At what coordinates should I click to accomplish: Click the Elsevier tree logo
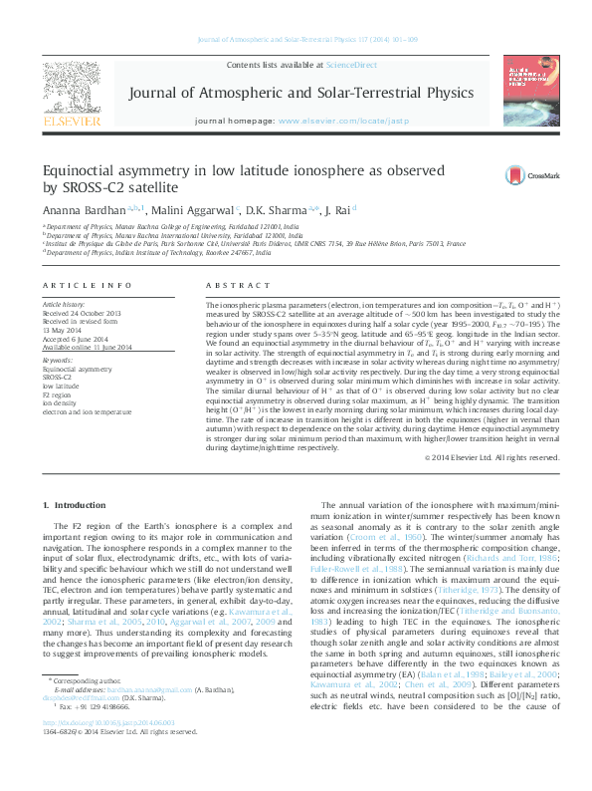(x=72, y=90)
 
